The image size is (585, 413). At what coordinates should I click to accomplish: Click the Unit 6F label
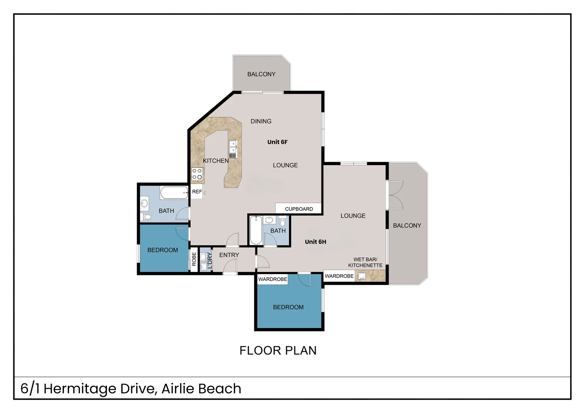(277, 142)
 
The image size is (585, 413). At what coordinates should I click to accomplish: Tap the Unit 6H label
(315, 242)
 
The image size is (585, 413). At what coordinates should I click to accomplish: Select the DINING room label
(261, 121)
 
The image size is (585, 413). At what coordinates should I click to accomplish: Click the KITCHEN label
(216, 161)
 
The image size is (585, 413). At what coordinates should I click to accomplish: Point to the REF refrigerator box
(197, 192)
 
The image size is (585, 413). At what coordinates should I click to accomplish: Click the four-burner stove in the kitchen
(197, 174)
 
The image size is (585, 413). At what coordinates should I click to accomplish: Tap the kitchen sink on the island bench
(233, 149)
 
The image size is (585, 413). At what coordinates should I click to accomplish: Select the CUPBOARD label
(299, 209)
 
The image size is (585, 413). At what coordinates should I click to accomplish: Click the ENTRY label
(229, 255)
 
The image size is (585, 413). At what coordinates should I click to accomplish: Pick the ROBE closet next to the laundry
(194, 259)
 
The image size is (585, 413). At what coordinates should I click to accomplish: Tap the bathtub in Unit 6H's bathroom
(256, 230)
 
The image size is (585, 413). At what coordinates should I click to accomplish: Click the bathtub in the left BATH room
(174, 192)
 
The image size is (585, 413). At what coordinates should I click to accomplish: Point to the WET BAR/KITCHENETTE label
(365, 262)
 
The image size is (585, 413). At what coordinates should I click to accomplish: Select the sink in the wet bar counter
(362, 276)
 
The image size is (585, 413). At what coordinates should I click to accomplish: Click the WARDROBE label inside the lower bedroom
(273, 280)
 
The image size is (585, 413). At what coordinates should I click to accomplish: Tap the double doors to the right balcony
(395, 195)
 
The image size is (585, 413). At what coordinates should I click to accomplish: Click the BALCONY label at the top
(261, 74)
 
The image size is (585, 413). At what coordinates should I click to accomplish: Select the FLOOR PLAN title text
(278, 350)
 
